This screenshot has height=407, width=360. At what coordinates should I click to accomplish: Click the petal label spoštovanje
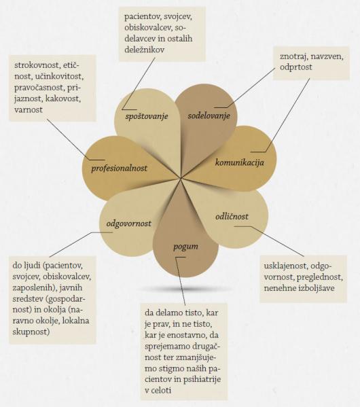click(147, 117)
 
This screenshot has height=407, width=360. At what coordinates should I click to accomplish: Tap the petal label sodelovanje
click(209, 116)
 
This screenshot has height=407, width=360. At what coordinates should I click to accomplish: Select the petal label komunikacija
click(240, 163)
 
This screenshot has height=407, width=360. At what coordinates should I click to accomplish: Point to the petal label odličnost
click(232, 216)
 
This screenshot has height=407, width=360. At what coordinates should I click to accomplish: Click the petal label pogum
click(185, 247)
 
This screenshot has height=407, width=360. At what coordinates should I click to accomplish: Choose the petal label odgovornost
click(129, 224)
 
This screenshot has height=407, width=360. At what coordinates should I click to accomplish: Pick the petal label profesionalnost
click(119, 169)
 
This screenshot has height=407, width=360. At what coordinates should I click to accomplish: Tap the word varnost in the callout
click(29, 110)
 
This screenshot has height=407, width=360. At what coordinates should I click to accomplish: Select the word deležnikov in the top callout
click(144, 50)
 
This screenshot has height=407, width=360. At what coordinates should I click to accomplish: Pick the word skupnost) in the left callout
click(31, 332)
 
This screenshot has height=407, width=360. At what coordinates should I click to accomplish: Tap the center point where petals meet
click(181, 179)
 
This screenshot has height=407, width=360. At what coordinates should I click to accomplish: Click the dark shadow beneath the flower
click(185, 288)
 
